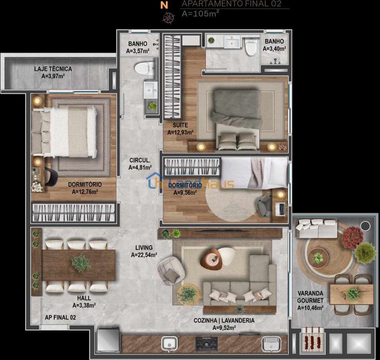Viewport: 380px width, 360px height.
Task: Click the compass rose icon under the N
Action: click(x=168, y=18)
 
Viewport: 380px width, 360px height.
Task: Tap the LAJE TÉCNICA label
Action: click(x=53, y=69)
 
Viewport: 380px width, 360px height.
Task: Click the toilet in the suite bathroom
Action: click(x=251, y=46)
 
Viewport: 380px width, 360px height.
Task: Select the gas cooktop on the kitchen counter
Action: click(x=206, y=344)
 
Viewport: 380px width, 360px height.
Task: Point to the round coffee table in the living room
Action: click(x=211, y=259)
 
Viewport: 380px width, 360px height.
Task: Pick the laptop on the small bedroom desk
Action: click(x=281, y=209)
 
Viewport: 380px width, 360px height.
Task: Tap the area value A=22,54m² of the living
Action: click(x=144, y=255)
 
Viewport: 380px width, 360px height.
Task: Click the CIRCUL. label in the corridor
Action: click(x=140, y=160)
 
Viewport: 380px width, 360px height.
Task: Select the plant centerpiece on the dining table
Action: click(x=81, y=263)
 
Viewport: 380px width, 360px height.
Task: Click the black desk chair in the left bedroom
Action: click(x=51, y=177)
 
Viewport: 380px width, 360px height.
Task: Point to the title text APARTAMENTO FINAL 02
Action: click(x=232, y=4)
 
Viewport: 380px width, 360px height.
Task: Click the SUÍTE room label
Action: click(x=180, y=125)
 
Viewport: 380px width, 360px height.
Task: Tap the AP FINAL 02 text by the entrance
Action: click(x=60, y=317)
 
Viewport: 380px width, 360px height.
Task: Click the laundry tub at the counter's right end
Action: click(x=271, y=344)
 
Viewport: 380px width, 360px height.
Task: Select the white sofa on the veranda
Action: click(x=316, y=228)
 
